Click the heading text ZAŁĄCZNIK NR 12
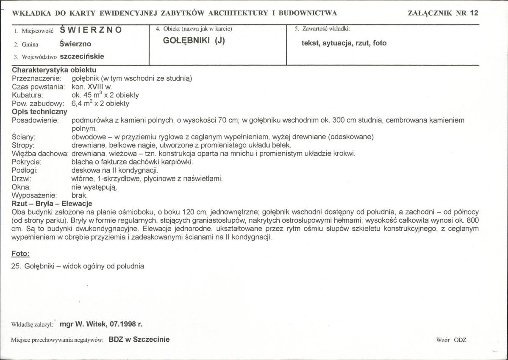[x=443, y=13]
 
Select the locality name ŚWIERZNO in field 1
[x=91, y=30]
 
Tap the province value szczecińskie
[x=82, y=56]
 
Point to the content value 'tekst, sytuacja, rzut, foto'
[x=344, y=43]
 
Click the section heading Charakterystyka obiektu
[x=54, y=70]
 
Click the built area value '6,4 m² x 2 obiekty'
[x=101, y=103]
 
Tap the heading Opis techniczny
[x=39, y=112]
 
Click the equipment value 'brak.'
[x=80, y=195]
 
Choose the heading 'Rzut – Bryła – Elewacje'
[x=52, y=204]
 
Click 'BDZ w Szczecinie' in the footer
[x=139, y=339]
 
